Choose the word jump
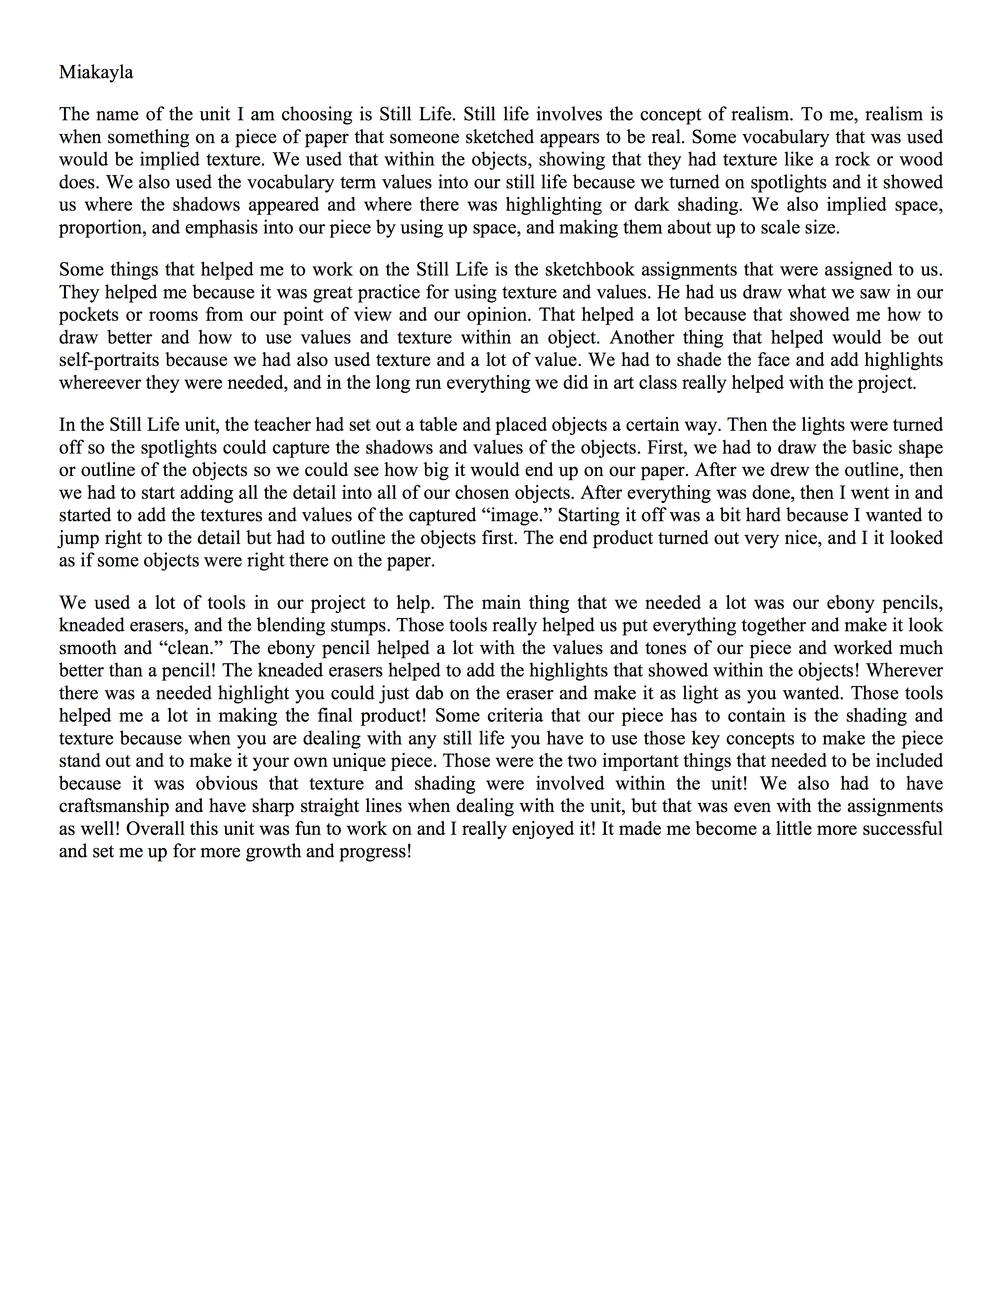[77, 538]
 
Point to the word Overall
[156, 829]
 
